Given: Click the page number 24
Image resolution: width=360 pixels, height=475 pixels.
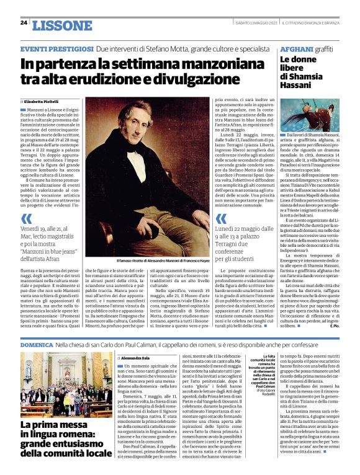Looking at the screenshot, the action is click(x=23, y=23).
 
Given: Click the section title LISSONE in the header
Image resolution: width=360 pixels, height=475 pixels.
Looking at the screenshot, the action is click(x=61, y=25).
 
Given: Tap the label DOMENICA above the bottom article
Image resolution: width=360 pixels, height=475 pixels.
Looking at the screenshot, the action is click(x=37, y=343).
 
